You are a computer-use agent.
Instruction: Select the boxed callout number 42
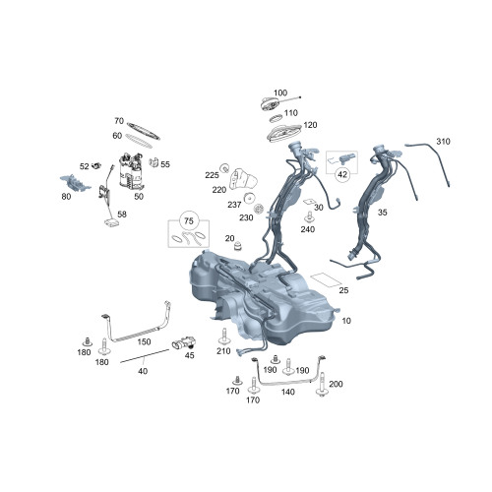pos(342,173)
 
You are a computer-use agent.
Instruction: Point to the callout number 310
pos(443,143)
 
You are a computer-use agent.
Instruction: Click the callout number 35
pos(382,211)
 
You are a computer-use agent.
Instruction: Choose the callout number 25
pos(343,291)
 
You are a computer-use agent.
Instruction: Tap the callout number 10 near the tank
pos(345,320)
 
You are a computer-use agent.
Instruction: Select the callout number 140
pos(287,392)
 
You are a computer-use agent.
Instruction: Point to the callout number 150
pos(144,340)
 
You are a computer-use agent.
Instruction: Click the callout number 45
pos(190,356)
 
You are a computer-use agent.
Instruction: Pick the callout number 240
pos(308,229)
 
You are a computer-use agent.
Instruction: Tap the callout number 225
pos(212,174)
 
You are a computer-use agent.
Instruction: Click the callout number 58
pos(122,214)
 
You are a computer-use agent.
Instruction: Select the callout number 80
pos(67,196)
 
